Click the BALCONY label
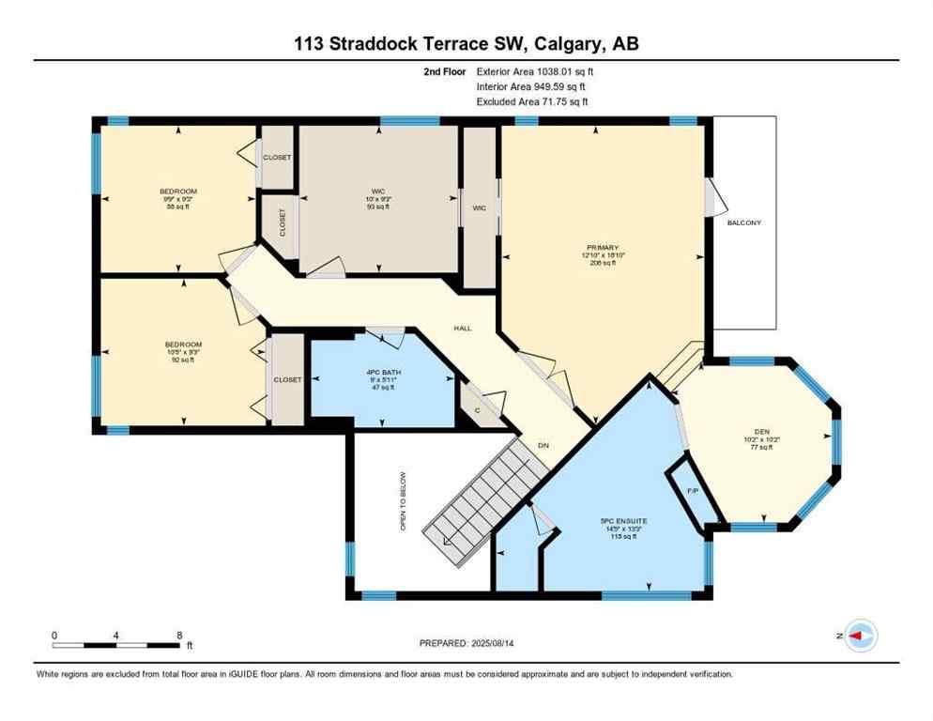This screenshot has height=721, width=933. click(x=744, y=222)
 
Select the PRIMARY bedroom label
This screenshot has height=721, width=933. click(x=603, y=248)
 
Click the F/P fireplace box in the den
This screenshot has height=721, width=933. click(x=693, y=491)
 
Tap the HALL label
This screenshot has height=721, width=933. click(x=462, y=329)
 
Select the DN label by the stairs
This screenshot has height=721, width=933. click(x=543, y=445)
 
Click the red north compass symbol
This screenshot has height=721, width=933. click(x=860, y=636)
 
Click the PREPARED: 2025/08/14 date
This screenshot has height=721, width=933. click(x=466, y=643)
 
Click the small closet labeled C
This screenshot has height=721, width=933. click(x=477, y=409)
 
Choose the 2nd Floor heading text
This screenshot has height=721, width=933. click(x=445, y=70)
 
